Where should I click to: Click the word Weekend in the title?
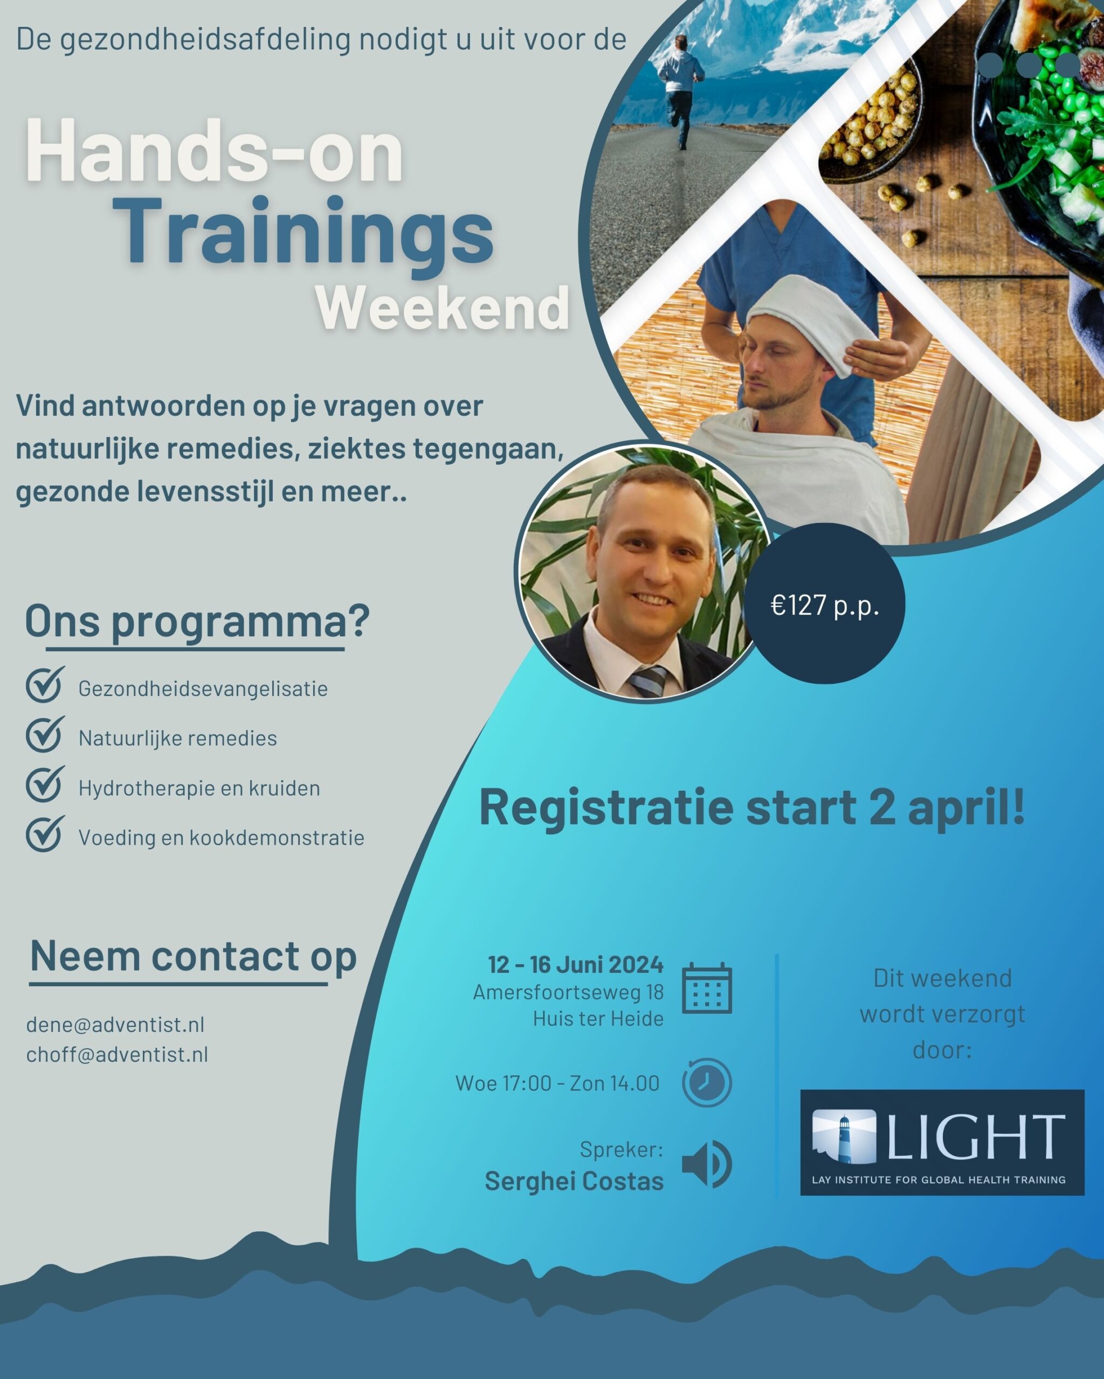point(443,308)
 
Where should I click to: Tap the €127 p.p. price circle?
point(824,604)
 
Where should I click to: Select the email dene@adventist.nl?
point(115,1025)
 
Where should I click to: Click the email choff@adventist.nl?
point(117,1054)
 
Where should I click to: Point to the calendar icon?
point(707,988)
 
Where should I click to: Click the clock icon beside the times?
point(707,1083)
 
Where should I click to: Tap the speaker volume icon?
point(707,1164)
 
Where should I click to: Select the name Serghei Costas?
point(574,1181)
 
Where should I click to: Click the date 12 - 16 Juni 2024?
point(575,965)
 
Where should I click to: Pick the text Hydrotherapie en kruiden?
point(199,788)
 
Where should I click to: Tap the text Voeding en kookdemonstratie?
point(222,837)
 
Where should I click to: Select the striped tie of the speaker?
point(647,680)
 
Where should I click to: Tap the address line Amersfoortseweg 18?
point(568,992)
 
